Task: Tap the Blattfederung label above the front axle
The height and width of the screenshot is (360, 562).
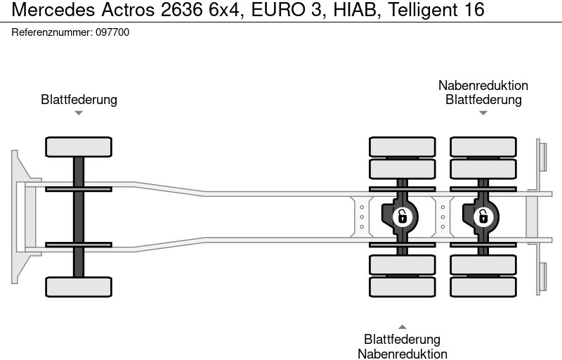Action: [79, 99]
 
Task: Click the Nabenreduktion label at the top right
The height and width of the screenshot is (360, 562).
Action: [483, 85]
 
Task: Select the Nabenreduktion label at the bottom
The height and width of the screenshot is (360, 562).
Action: [402, 354]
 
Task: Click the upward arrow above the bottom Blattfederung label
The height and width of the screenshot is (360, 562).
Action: [402, 326]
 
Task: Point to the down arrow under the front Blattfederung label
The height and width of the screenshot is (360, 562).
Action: [79, 112]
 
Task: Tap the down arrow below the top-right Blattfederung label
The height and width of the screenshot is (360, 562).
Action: [483, 112]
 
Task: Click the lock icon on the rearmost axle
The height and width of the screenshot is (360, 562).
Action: [483, 217]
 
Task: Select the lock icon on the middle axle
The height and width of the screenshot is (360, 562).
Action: [402, 217]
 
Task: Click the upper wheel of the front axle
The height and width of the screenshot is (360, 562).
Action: [79, 147]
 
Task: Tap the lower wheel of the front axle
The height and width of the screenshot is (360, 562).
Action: [79, 286]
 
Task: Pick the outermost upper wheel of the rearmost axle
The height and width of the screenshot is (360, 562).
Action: [483, 146]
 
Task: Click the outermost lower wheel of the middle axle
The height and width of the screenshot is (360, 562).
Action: [402, 287]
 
